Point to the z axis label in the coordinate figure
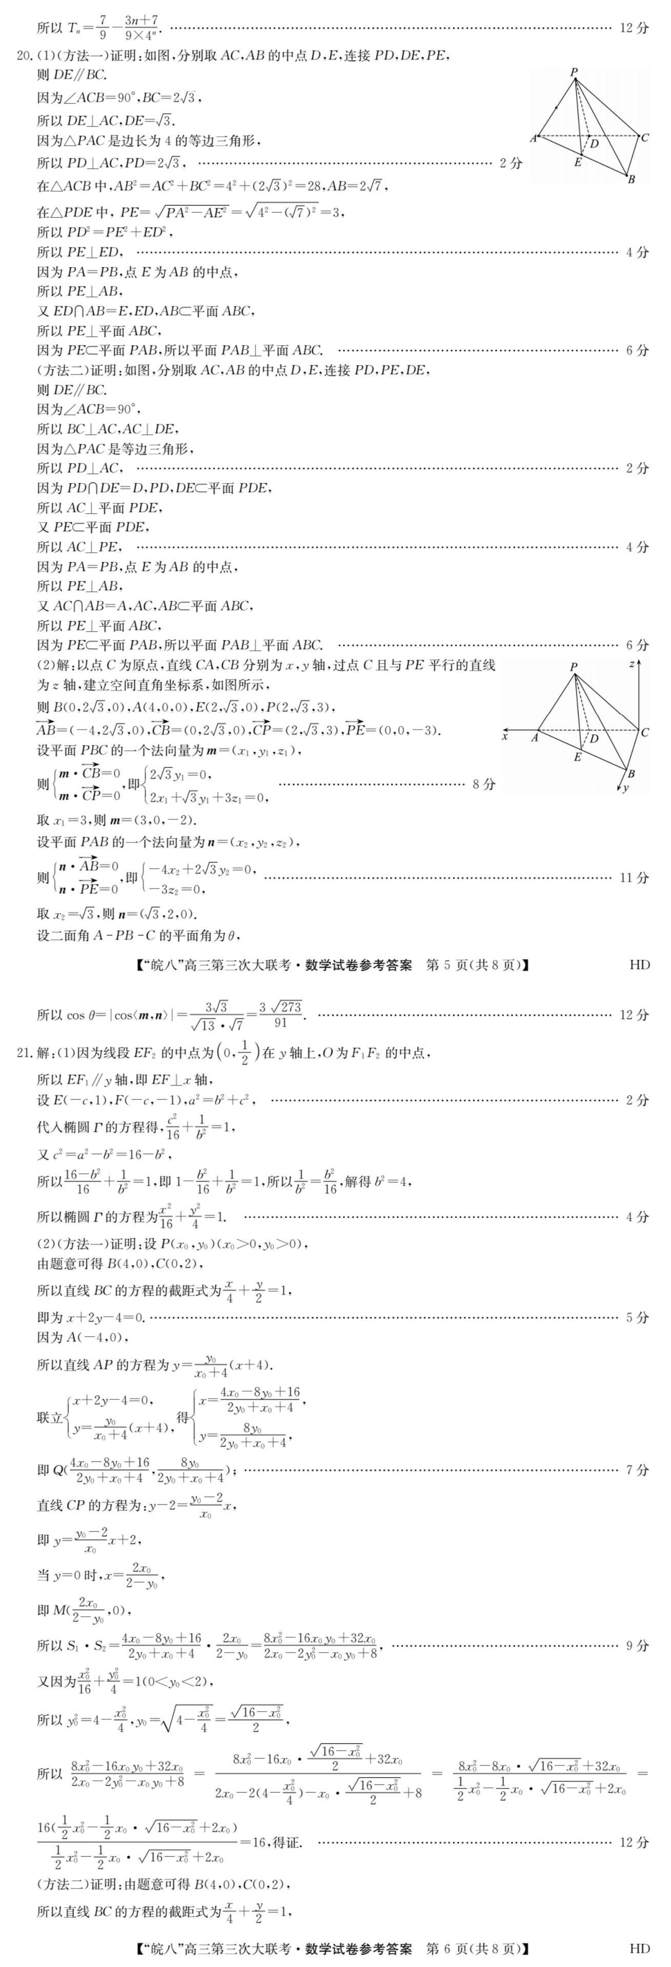[632, 664]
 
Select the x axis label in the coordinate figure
[504, 736]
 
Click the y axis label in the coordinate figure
[626, 787]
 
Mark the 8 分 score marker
[483, 784]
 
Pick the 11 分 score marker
[634, 878]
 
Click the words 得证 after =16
[287, 1842]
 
